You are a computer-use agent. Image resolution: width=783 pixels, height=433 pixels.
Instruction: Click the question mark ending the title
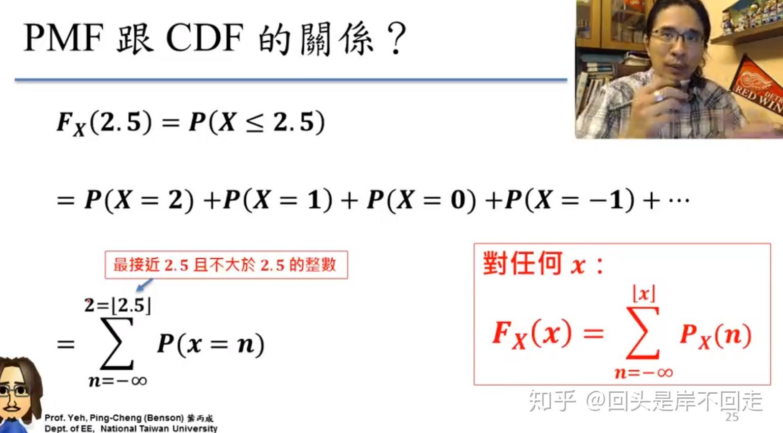coord(396,39)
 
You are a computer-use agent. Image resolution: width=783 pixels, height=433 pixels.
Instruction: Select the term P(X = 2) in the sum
coord(139,200)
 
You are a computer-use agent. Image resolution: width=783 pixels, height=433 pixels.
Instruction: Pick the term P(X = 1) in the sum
coord(278,200)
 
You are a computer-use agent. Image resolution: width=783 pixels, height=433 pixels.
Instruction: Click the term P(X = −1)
coord(570,200)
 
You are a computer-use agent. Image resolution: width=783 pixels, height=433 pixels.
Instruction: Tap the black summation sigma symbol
coord(117,344)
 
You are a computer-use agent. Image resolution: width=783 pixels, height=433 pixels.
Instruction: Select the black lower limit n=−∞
coord(118,381)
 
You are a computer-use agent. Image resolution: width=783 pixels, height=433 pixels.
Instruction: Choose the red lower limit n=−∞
coord(644,373)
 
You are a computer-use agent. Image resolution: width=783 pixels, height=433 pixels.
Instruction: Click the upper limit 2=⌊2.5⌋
coord(118,306)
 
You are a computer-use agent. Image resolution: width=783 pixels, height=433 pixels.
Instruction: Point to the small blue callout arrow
coord(144,284)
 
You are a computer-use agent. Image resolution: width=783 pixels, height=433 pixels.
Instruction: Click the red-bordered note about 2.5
coord(226,265)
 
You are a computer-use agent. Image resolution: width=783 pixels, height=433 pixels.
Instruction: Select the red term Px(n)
coord(715,335)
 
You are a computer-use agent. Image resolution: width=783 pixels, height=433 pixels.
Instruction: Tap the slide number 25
coord(732,417)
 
